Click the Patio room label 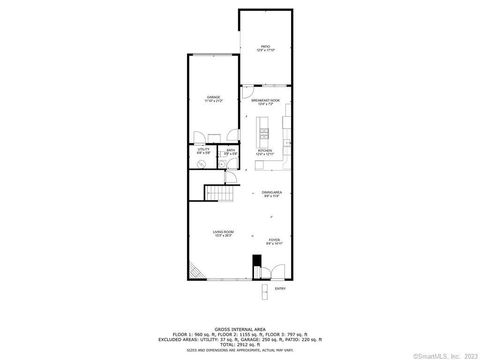coord(265,47)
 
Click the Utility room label coord(204,153)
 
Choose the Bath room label coord(230,153)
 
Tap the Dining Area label coord(271,194)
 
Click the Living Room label coord(222,234)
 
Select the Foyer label coord(274,241)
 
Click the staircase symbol coord(216,194)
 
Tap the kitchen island coord(264,129)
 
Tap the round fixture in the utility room coord(203,165)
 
